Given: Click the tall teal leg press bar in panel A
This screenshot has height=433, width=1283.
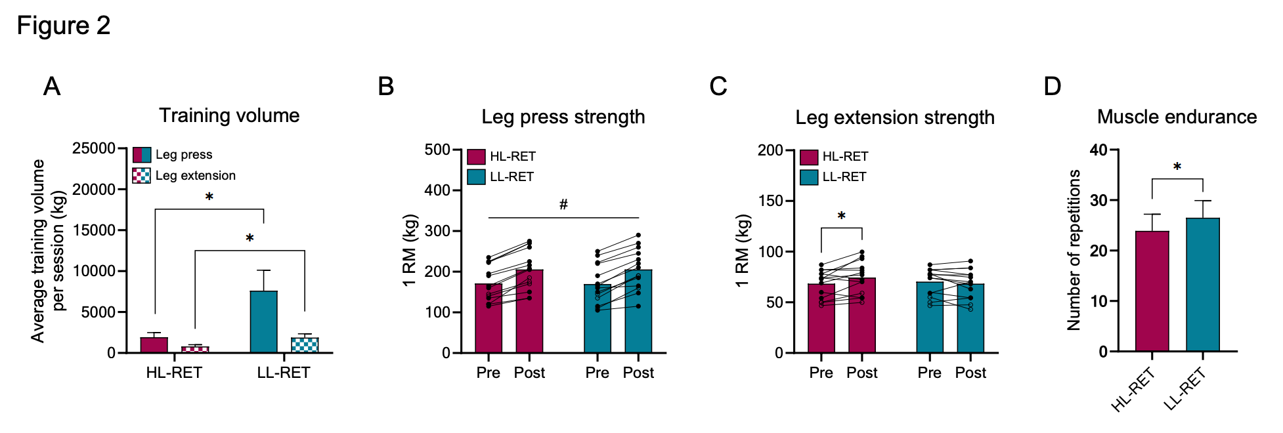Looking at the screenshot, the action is point(263,321).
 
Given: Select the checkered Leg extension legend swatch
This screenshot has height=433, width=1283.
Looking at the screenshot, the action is point(141,175).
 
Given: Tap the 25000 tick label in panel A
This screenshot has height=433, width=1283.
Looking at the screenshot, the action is point(94,148).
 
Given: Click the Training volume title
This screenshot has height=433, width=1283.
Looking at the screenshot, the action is point(229,115).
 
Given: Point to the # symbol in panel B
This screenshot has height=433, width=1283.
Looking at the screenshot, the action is point(563,205).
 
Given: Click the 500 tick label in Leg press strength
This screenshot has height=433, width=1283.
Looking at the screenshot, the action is point(437,150).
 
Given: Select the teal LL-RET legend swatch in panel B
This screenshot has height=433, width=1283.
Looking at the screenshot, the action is point(476,176).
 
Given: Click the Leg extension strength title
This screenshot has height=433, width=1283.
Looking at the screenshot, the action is point(895,117).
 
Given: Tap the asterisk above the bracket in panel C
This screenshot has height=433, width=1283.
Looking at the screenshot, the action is point(841,216).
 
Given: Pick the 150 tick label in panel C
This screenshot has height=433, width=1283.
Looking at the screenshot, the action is point(770,201).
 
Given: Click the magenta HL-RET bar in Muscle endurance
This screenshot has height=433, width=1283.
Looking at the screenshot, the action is point(1152,291).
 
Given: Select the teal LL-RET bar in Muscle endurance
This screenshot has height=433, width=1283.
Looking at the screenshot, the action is point(1202,285).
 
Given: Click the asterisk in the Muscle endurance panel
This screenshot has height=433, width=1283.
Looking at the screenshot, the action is point(1177,167).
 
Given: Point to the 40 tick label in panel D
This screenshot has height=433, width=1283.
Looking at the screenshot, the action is point(1098,150).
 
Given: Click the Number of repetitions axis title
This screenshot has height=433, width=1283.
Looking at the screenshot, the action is point(1074,250).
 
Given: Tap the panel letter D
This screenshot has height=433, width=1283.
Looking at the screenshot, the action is point(1052,86).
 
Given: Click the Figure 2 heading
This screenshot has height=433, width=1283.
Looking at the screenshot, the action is point(64,26).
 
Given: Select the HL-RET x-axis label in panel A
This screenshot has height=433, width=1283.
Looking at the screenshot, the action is point(174,373).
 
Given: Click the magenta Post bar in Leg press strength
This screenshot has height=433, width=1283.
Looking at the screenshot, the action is point(529,311).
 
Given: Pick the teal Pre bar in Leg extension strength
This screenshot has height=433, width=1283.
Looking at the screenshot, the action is point(930,318).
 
